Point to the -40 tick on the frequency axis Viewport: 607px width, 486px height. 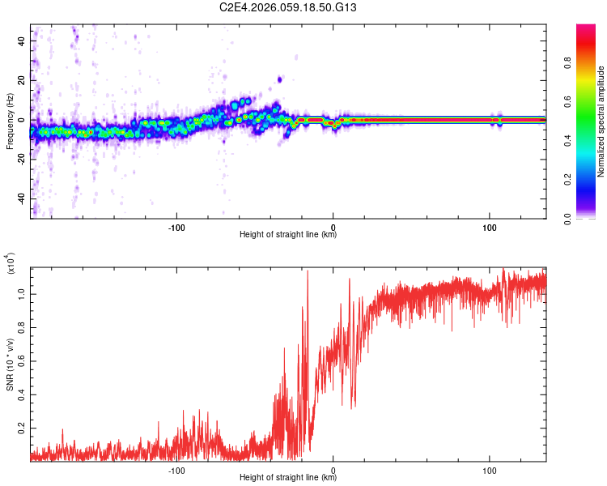point(21,198)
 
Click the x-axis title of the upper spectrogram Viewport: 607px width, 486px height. point(288,235)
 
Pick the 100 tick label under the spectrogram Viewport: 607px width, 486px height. point(489,226)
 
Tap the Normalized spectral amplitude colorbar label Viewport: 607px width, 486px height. point(601,122)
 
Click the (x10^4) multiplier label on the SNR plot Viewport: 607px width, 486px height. point(11,264)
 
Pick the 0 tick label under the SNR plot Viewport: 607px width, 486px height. point(333,469)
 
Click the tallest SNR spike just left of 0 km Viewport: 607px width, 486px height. point(308,273)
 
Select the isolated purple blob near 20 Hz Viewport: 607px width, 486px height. point(280,79)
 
